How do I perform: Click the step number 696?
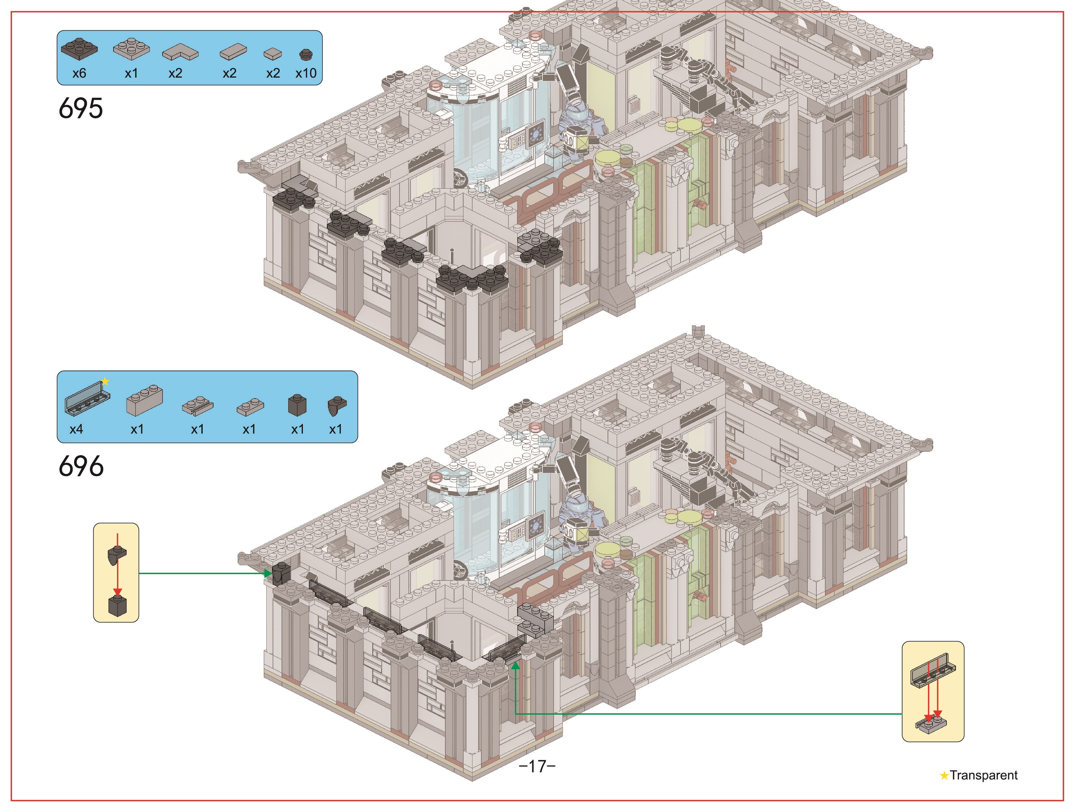[x=81, y=467]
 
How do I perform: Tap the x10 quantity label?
[x=306, y=73]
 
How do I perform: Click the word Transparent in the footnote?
[x=984, y=775]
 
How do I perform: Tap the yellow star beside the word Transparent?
[x=944, y=775]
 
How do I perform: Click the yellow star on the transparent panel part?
[x=105, y=381]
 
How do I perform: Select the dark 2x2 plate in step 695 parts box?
[x=79, y=49]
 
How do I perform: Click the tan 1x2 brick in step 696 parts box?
[x=144, y=400]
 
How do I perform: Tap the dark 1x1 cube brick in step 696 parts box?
[x=297, y=405]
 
